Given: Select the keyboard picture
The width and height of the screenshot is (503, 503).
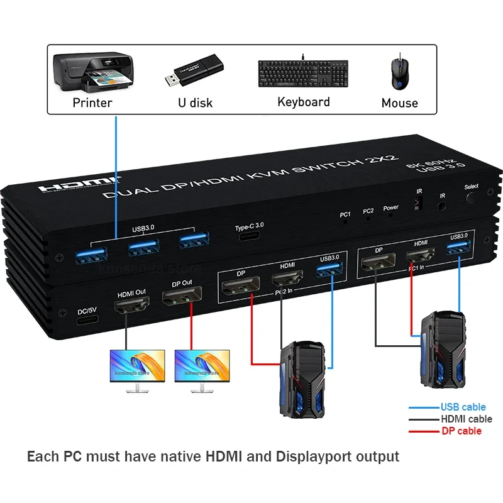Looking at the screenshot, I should (x=302, y=74).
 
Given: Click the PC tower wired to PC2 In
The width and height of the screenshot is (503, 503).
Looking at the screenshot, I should (x=301, y=379).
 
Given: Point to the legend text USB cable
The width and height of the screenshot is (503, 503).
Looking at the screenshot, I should (x=463, y=407).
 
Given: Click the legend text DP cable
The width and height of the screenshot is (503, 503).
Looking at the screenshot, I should (x=461, y=431).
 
